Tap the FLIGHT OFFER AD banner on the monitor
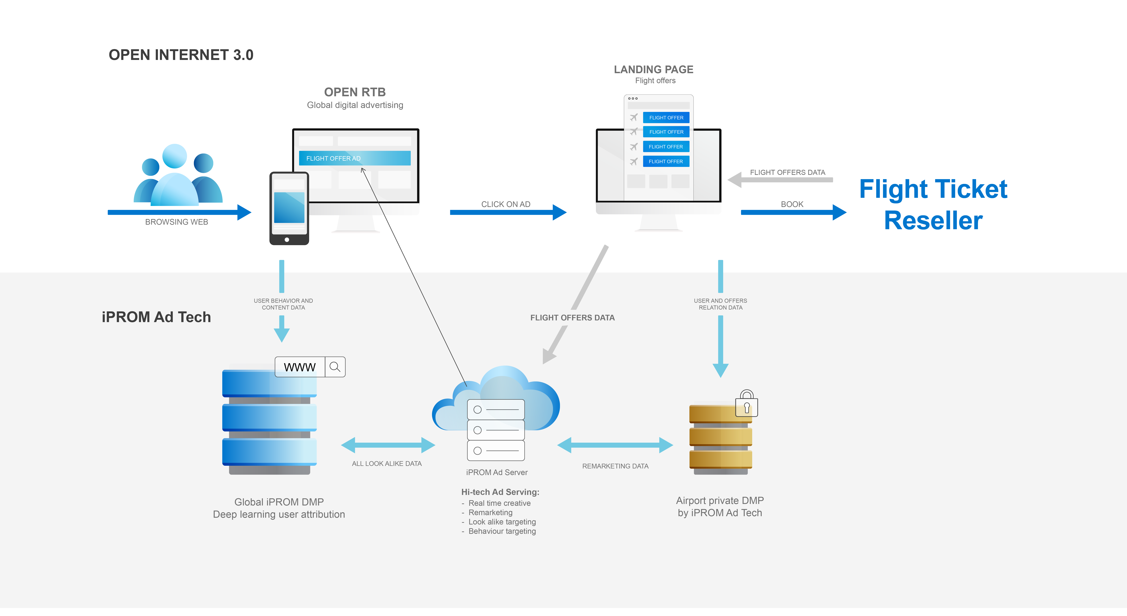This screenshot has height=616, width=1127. click(354, 158)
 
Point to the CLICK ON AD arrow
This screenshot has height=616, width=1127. click(508, 212)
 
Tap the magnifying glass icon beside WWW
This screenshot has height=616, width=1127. click(335, 367)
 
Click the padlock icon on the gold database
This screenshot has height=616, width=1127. click(747, 404)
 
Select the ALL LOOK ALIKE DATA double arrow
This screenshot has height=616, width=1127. click(388, 445)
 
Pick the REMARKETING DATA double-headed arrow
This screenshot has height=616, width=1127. click(615, 445)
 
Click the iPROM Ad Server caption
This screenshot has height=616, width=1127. click(497, 472)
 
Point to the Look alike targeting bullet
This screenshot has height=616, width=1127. click(502, 522)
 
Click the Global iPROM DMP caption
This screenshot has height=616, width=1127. click(279, 502)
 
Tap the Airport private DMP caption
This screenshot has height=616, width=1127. click(720, 501)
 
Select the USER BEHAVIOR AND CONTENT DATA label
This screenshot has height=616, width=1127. click(283, 304)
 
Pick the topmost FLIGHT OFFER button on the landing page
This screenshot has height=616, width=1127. click(666, 118)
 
